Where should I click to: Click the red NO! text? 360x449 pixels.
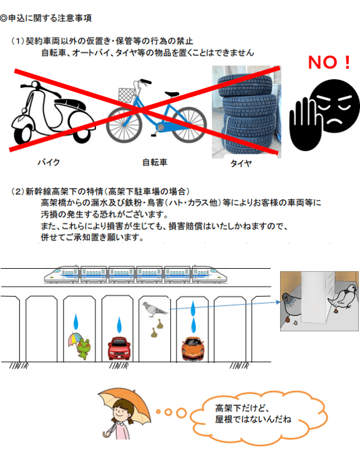(x=329, y=63)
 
